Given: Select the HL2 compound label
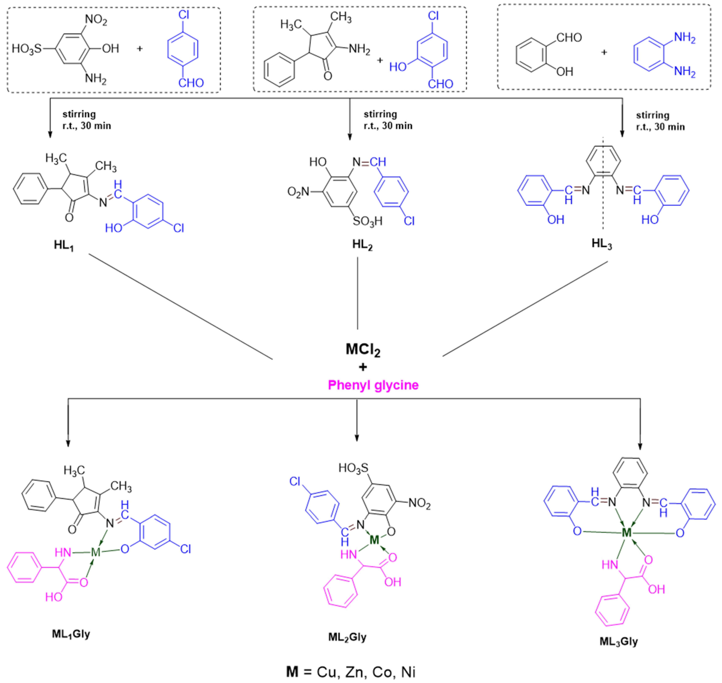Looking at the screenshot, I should pos(362,245).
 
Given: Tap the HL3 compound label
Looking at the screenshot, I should pos(602,244).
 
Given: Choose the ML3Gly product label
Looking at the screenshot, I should pos(619,641).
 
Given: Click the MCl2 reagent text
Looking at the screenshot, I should pos(363,350).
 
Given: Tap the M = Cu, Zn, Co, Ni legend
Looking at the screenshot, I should pos(351,672).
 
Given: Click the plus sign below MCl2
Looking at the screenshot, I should pos(363,367).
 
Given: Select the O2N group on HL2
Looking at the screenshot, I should pos(298,192).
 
